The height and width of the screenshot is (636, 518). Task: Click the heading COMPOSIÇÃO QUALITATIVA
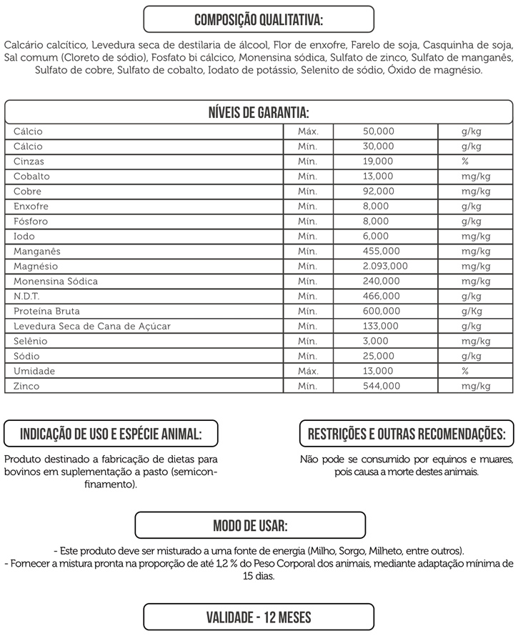pos(259,19)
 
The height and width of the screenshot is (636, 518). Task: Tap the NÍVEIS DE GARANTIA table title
pos(259,113)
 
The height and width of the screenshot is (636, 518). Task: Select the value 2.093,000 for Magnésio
pos(385,266)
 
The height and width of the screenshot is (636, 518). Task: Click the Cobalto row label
pos(31,177)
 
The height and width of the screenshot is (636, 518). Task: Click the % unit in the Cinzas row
pos(465,162)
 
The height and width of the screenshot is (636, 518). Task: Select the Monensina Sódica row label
pos(56,282)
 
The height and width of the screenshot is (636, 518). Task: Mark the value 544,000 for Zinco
pos(382,387)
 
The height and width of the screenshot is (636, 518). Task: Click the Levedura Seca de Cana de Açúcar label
pos(92,327)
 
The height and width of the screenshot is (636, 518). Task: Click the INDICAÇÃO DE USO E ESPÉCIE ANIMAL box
pos(111,434)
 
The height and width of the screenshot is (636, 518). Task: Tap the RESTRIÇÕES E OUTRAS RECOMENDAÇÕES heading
pos(406,434)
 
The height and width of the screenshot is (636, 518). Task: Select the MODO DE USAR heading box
pos(251,527)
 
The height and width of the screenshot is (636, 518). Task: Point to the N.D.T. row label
pos(26,297)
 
